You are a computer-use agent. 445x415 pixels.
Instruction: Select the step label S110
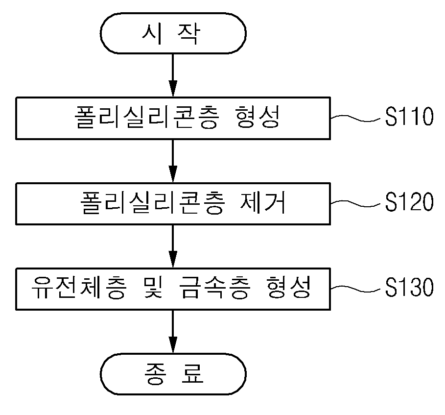[409, 117]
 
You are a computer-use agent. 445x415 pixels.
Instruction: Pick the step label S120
[409, 202]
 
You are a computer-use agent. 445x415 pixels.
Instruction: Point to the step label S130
[409, 287]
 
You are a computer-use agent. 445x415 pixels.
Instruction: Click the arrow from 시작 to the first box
[173, 75]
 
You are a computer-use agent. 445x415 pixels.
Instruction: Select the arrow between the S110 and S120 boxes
[173, 161]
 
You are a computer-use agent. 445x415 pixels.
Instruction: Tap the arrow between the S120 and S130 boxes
[173, 246]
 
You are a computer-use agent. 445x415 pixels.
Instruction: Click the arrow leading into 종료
[173, 332]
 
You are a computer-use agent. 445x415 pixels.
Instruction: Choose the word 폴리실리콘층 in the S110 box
[147, 117]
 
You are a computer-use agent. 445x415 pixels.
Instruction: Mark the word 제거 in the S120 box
[262, 202]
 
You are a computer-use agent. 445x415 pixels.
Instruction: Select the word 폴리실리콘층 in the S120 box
[153, 202]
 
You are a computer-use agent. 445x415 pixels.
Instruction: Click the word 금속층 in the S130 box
[215, 288]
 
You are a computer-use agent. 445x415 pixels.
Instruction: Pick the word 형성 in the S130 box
[289, 288]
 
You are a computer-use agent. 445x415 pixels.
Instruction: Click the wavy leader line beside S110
[355, 118]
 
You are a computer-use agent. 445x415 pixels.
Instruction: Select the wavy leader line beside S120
[355, 203]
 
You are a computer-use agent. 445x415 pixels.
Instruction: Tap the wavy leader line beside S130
[355, 289]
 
